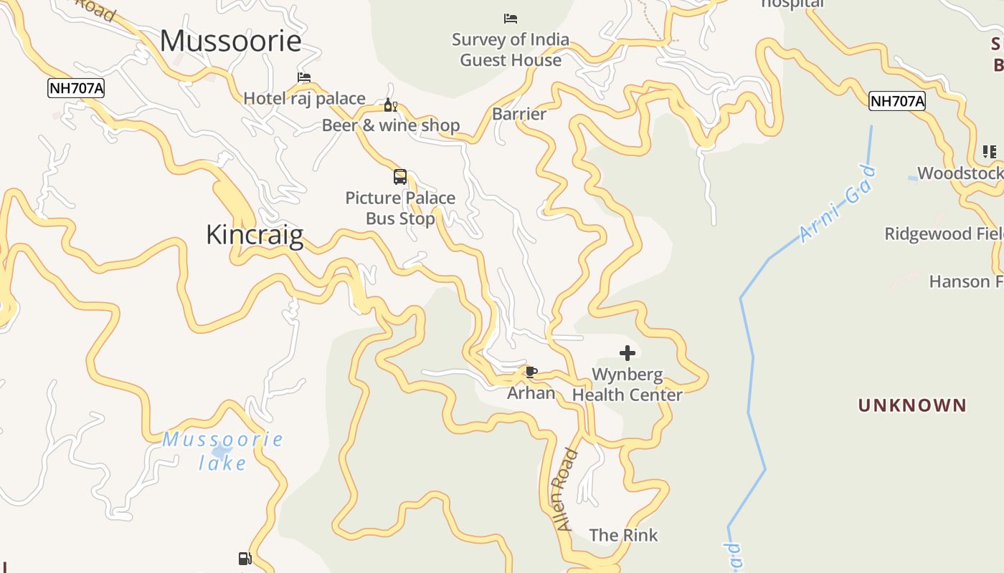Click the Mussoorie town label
pos(230,41)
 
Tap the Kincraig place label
pos(255,235)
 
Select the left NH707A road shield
pos(76,88)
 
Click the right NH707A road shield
pos(897,101)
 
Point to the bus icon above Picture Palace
pos(400,176)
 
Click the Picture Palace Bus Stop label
pos(400,208)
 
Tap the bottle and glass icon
pos(391,105)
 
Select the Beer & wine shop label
pos(391,125)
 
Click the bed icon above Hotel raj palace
pos(304,77)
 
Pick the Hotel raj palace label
pos(304,98)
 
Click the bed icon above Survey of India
pos(511,18)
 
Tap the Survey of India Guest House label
pos(511,49)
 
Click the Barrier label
pos(519,114)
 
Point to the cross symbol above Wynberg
pos(627,352)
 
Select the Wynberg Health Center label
pos(627,385)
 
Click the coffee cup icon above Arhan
pos(531,372)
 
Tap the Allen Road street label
pos(565,489)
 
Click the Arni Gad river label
pos(837,204)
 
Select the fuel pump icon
pos(245,559)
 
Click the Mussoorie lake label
pos(222,451)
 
